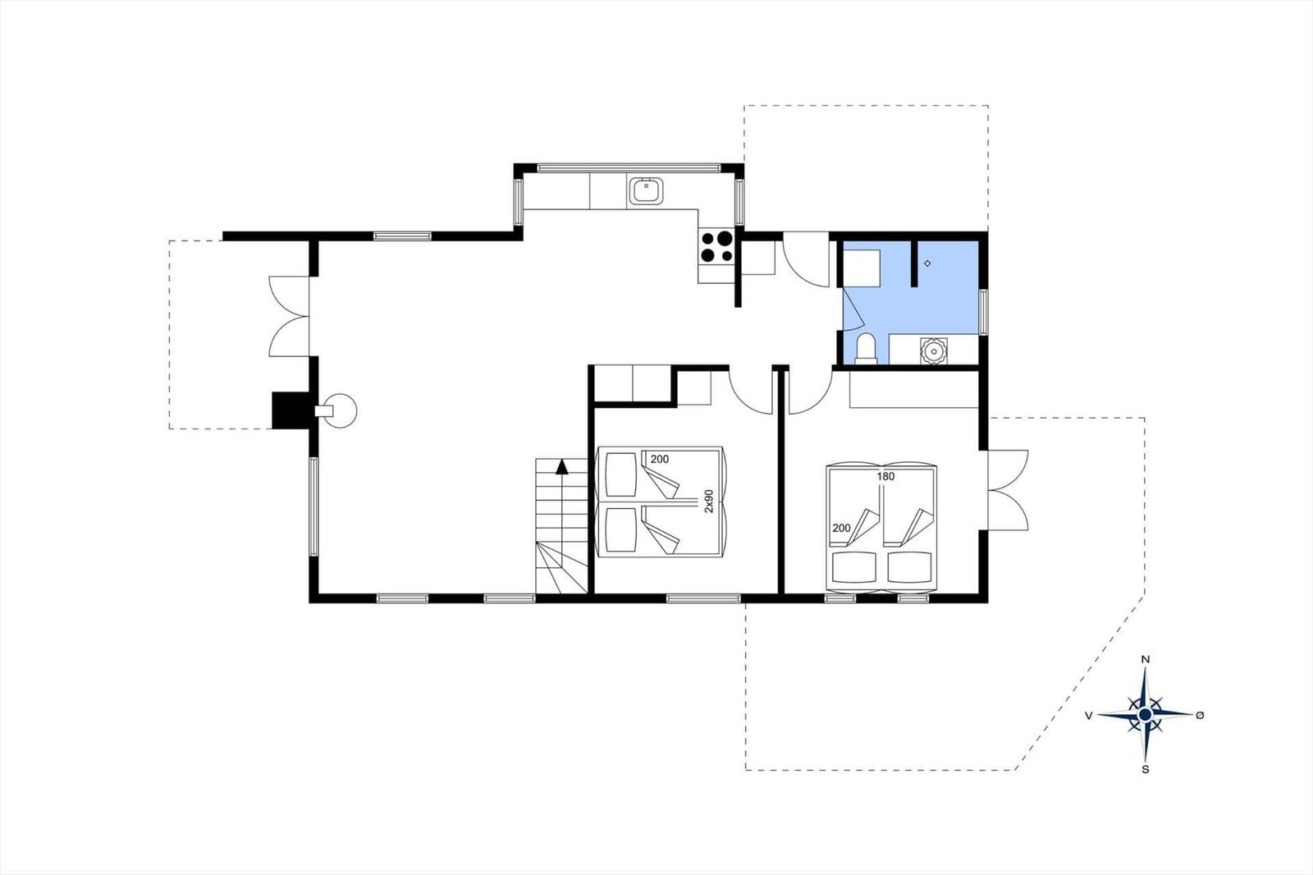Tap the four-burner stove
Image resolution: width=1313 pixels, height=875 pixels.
tap(716, 246)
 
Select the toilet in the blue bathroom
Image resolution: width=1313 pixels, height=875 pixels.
tap(865, 349)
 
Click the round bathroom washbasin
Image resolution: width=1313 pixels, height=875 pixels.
tap(933, 350)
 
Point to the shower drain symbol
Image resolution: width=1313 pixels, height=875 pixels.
tap(927, 263)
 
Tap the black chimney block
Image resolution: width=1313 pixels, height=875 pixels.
tap(289, 410)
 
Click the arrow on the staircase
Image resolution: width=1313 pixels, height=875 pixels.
tap(562, 467)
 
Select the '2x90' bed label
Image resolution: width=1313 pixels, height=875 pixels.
tap(710, 502)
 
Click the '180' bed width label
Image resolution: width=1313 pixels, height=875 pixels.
tap(885, 476)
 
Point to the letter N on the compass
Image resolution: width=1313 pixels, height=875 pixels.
tap(1146, 659)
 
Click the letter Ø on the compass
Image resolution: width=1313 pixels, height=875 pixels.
tap(1200, 715)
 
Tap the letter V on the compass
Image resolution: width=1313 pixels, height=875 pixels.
tap(1088, 716)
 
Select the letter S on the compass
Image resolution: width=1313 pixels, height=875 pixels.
tap(1146, 770)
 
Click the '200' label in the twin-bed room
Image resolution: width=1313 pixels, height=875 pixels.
tap(659, 460)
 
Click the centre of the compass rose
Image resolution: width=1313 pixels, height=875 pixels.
tap(1146, 715)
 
